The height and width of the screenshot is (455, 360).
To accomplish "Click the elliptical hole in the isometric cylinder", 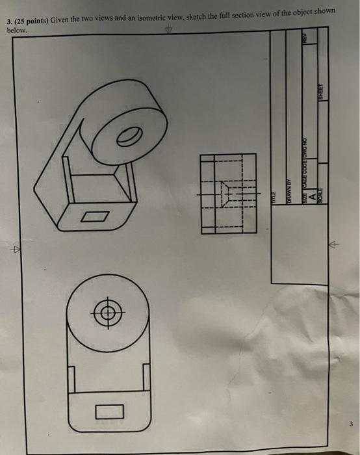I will pyautogui.click(x=129, y=136).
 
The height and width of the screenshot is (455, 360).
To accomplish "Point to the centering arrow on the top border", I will pyautogui.click(x=170, y=30).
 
